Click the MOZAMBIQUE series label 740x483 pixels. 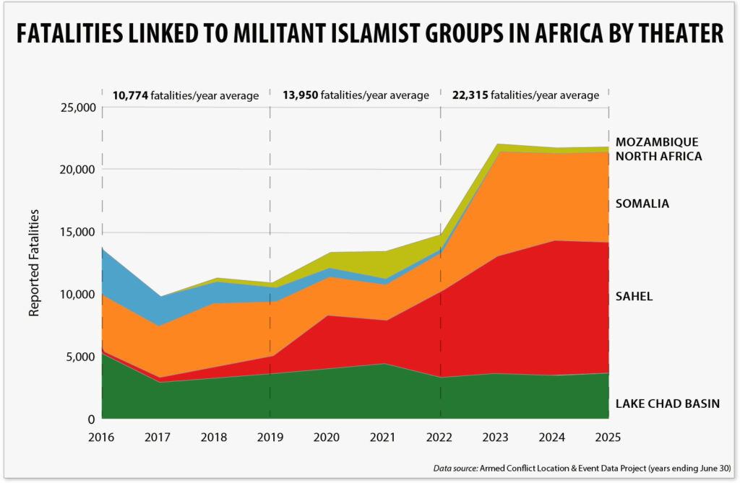point(657,142)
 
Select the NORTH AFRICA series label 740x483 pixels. point(658,156)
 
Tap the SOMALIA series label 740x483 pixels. point(642,204)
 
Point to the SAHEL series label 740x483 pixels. point(634,296)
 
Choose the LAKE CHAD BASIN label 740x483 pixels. point(667,404)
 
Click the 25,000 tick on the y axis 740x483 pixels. point(76,108)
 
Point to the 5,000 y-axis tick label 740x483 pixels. point(79,357)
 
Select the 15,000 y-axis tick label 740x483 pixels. point(76,232)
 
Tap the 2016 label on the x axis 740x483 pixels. point(102,438)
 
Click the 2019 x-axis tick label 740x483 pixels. point(270,438)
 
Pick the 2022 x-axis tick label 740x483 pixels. point(439,438)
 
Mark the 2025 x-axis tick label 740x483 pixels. point(608,438)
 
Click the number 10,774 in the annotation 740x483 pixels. point(129,95)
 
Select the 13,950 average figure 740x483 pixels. point(298,95)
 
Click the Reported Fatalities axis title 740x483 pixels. point(34,264)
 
